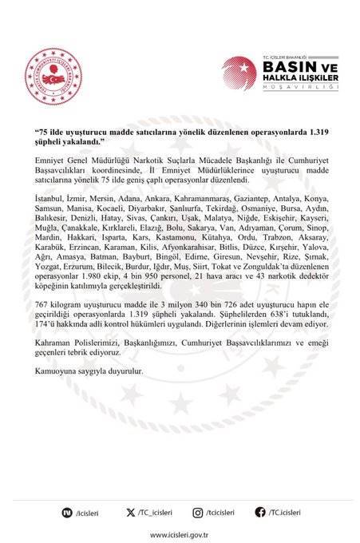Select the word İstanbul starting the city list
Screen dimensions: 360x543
tap(50, 196)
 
